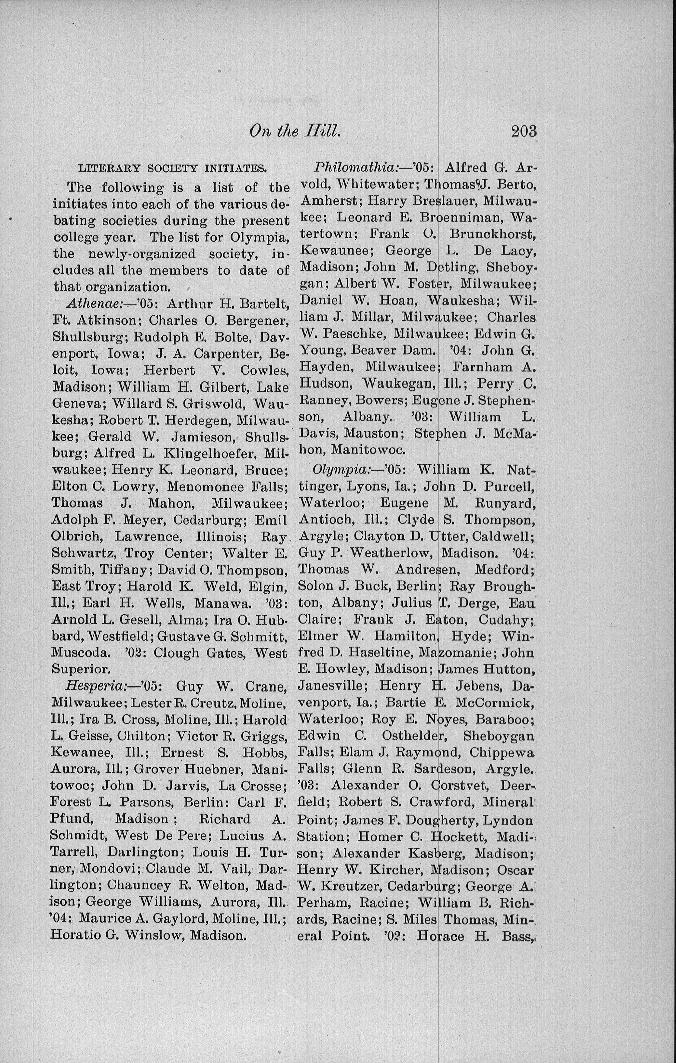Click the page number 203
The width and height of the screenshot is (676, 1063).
524,132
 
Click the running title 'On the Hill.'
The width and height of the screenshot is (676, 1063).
295,131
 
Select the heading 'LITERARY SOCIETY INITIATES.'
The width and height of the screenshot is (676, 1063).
172,168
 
